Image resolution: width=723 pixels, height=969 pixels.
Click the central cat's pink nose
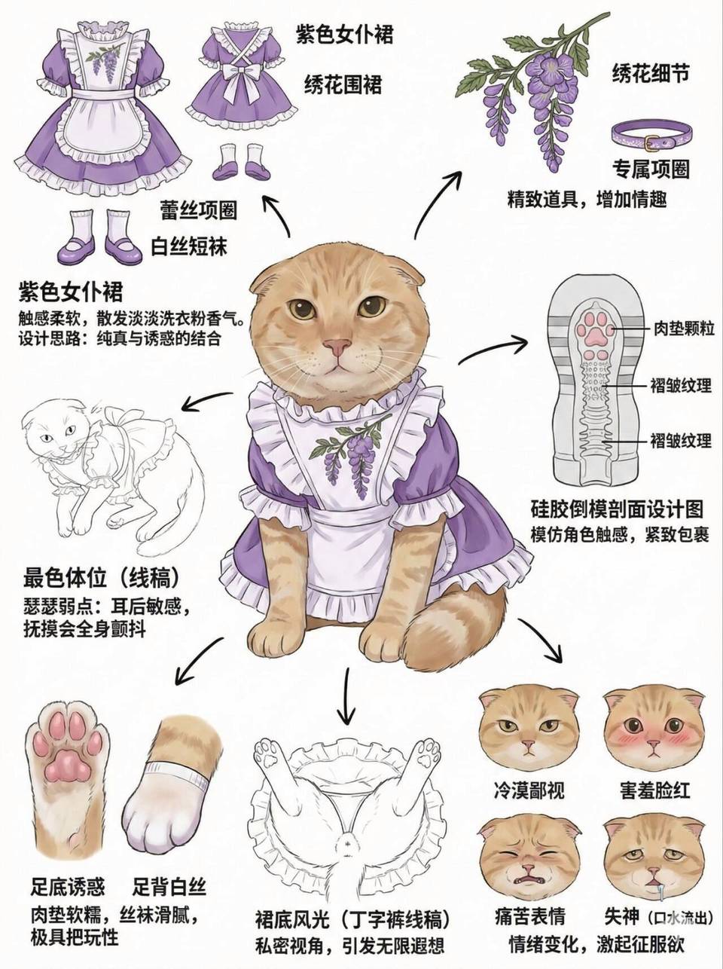337,347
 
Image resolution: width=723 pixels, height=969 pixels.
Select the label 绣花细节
651,73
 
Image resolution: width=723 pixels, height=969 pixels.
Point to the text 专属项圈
651,169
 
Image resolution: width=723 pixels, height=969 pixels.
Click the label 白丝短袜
189,246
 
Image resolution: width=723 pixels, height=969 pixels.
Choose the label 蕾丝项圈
199,209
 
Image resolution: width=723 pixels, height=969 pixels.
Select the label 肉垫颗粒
683,329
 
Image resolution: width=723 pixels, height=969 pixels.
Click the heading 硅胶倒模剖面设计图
617,510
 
